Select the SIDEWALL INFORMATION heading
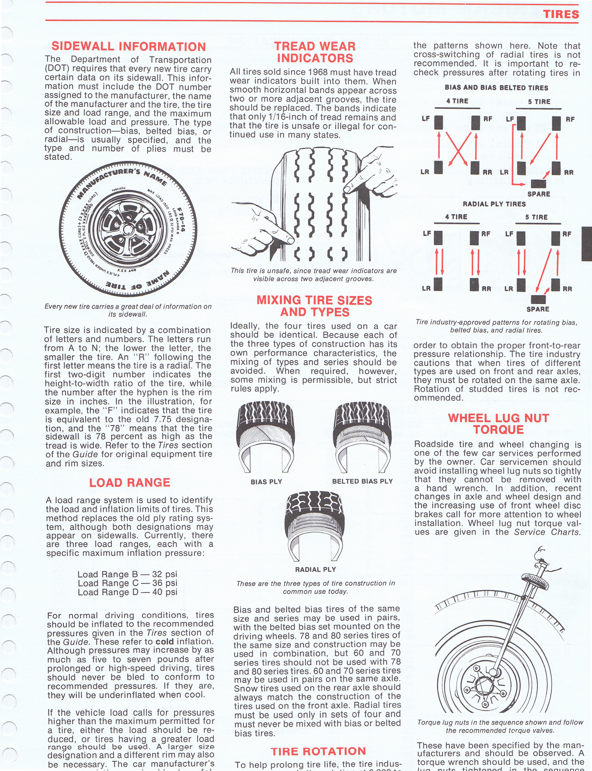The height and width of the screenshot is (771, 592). pyautogui.click(x=129, y=47)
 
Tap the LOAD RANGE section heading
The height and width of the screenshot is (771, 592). pyautogui.click(x=130, y=482)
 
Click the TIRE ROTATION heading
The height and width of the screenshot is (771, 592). pyautogui.click(x=318, y=751)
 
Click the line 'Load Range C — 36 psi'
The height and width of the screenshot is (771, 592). pyautogui.click(x=127, y=583)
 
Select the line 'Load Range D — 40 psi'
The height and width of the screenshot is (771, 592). pyautogui.click(x=127, y=592)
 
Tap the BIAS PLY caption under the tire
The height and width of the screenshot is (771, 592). pyautogui.click(x=266, y=482)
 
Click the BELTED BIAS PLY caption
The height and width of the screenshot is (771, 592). pyautogui.click(x=362, y=481)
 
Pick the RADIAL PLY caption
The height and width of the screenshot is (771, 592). pyautogui.click(x=315, y=569)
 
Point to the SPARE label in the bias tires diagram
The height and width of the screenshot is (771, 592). pyautogui.click(x=539, y=194)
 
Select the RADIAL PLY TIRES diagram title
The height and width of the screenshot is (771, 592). pyautogui.click(x=494, y=204)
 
